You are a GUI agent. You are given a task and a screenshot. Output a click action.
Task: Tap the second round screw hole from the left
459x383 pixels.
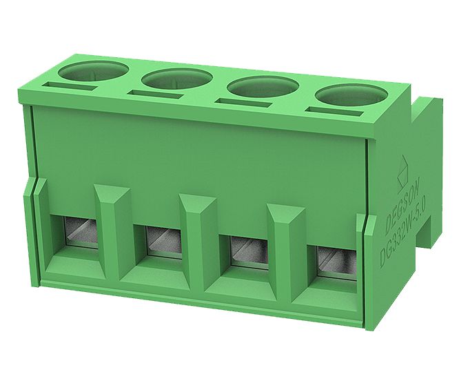177,79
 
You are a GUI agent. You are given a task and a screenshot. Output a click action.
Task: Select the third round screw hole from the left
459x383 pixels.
262,88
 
